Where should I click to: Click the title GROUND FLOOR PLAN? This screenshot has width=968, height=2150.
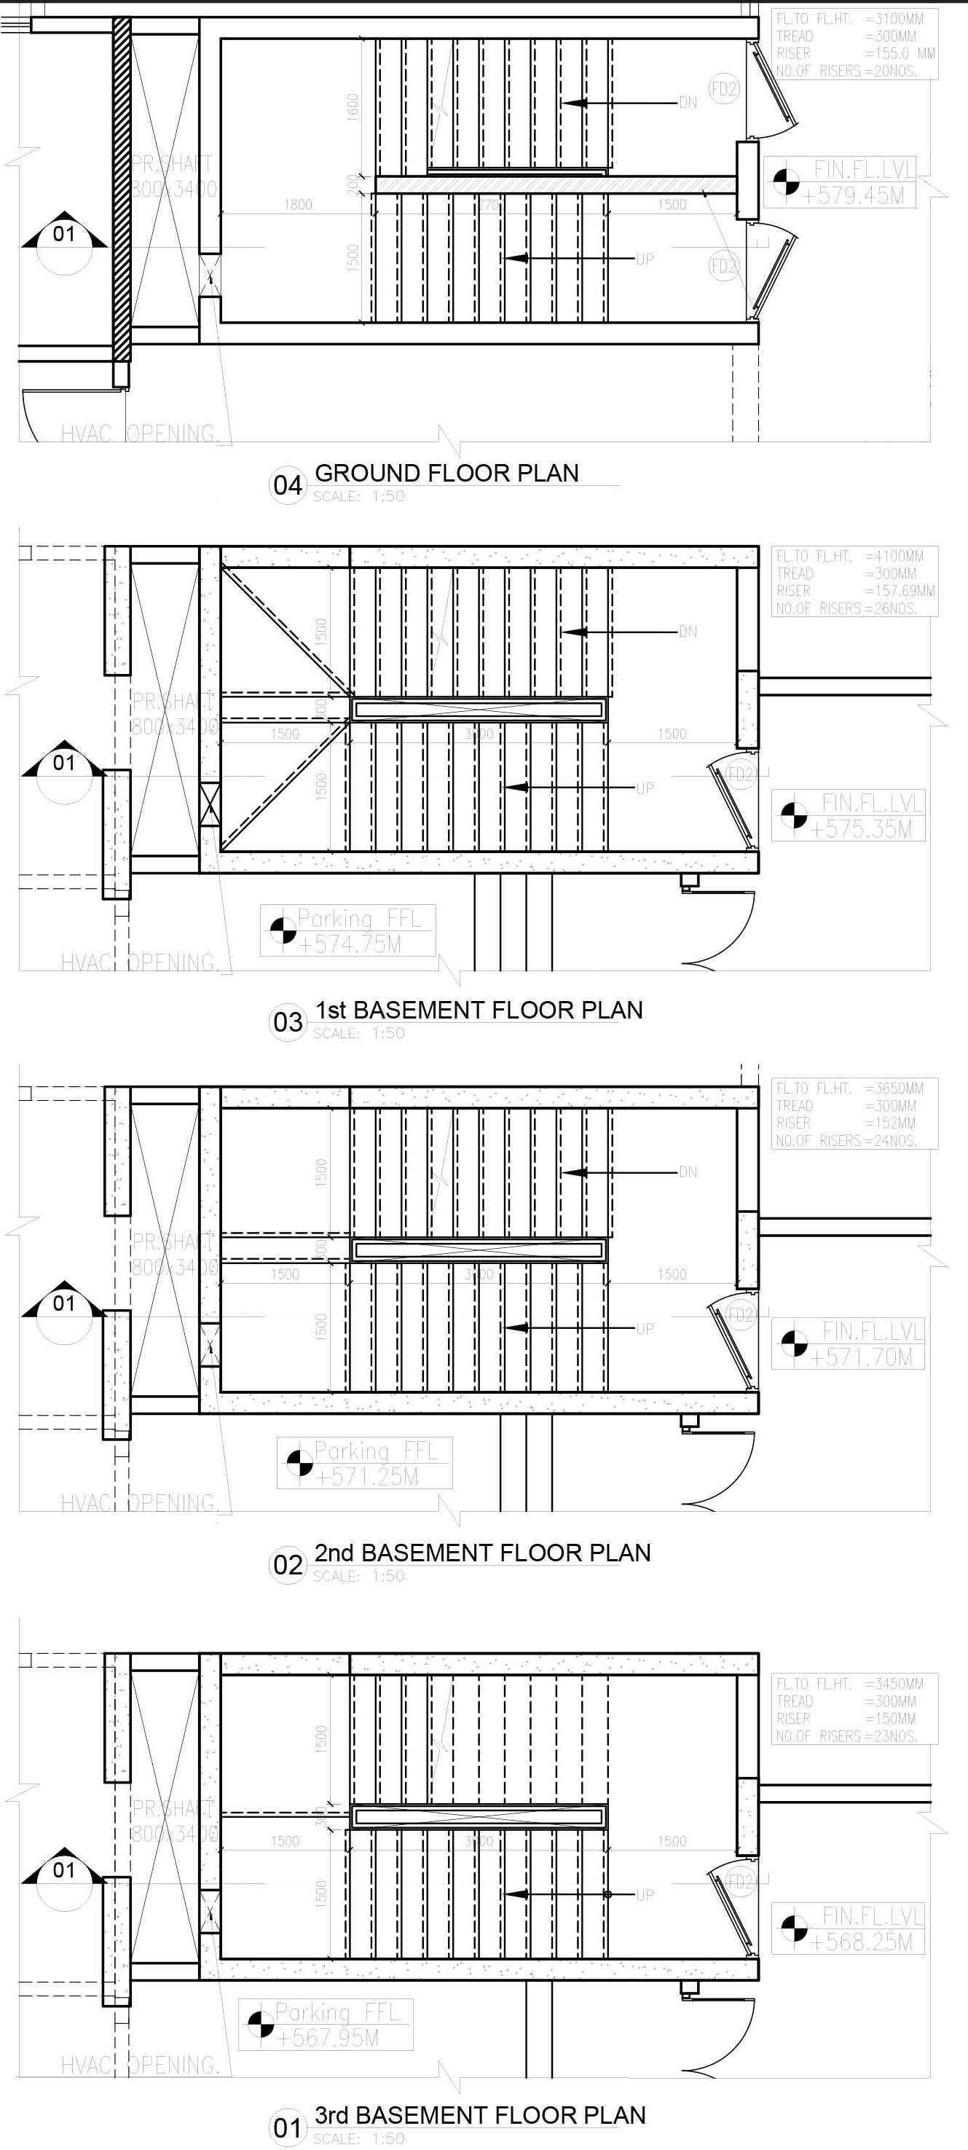(x=446, y=474)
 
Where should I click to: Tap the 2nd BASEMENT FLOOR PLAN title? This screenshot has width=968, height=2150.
(x=482, y=1553)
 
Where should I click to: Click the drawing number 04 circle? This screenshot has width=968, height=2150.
(x=287, y=485)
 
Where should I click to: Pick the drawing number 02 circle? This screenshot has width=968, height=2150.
(x=287, y=1564)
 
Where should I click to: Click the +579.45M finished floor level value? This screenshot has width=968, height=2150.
(x=856, y=196)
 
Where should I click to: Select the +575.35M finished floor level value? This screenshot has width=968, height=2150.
(x=860, y=829)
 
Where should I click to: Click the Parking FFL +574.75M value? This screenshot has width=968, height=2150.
(x=350, y=945)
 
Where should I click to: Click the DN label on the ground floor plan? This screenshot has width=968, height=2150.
(x=688, y=103)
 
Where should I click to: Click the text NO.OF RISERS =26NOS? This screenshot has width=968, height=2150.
(x=846, y=608)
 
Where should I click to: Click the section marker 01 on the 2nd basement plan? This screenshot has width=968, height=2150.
(x=63, y=1303)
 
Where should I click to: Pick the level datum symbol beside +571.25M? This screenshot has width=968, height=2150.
(x=299, y=1462)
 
